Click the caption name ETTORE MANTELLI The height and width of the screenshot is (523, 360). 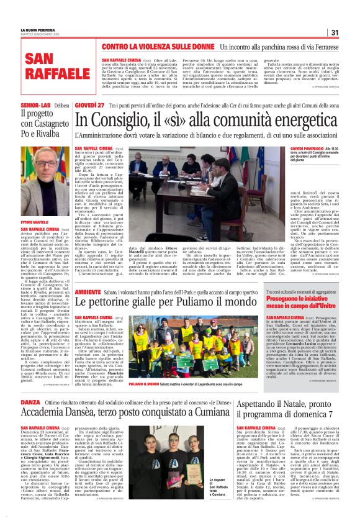(34, 222)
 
